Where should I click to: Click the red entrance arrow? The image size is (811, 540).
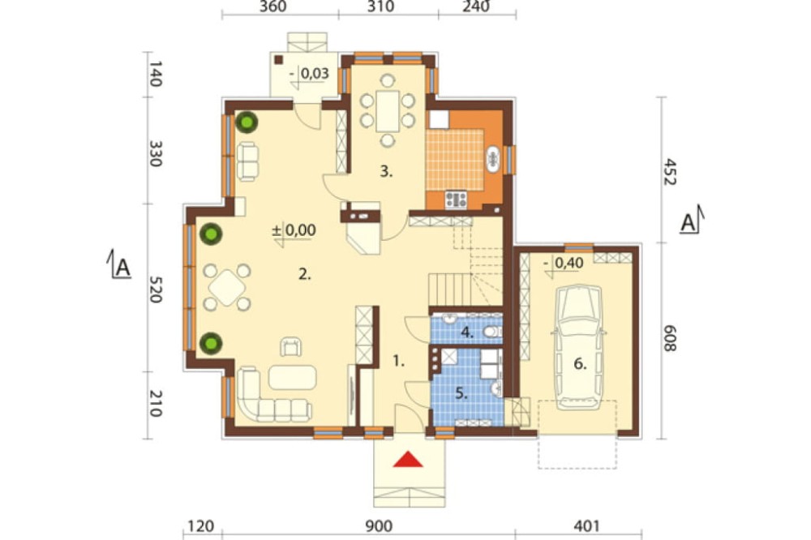(408, 459)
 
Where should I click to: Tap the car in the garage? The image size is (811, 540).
(578, 347)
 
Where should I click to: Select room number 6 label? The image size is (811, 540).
(580, 364)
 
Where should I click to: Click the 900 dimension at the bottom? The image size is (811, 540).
(379, 526)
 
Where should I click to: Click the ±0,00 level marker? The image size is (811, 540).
(294, 231)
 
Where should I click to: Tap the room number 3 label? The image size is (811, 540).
(386, 171)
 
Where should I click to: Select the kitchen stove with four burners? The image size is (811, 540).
(456, 199)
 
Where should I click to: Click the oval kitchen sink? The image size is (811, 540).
(493, 159)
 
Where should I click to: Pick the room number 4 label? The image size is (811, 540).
(467, 332)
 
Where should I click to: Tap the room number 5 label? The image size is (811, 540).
(461, 393)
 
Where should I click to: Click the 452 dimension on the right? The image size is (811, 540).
(669, 171)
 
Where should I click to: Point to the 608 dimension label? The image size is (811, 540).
(669, 338)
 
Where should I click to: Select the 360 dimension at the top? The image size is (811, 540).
(272, 6)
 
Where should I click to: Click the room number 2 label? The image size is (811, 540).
(305, 275)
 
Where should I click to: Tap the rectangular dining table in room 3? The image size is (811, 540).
(388, 111)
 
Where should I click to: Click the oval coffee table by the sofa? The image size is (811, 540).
(292, 377)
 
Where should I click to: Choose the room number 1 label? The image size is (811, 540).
(397, 361)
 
